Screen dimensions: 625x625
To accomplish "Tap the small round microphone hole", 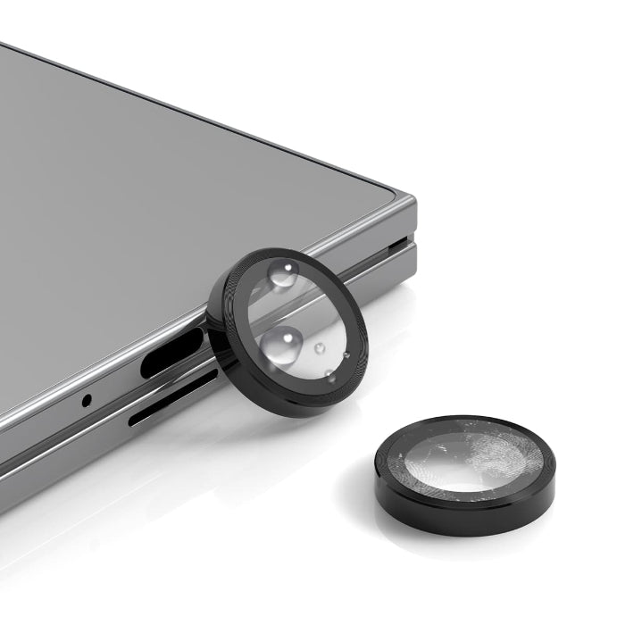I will (87, 399).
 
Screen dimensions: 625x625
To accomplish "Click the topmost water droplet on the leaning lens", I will (284, 278).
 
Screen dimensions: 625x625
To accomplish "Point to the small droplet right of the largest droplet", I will (319, 347).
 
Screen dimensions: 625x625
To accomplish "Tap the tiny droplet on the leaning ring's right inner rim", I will (346, 355).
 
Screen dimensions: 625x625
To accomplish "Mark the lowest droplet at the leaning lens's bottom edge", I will (329, 374).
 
